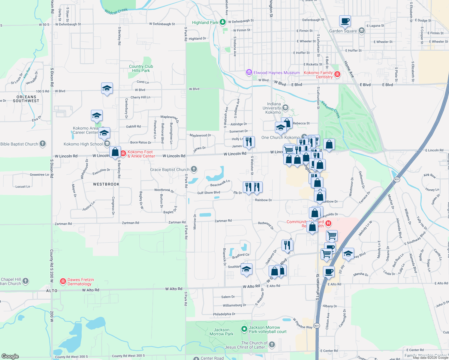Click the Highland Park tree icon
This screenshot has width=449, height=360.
(x=222, y=22)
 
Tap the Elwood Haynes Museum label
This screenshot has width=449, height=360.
(x=276, y=73)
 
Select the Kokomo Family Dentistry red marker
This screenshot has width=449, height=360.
(x=337, y=74)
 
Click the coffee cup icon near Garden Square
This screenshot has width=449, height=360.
(x=345, y=21)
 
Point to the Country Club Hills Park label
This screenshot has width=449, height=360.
(x=141, y=68)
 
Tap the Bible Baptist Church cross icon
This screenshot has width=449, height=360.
(x=43, y=144)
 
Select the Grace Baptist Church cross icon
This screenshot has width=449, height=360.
(x=194, y=169)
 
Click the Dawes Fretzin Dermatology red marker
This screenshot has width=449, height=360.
(x=63, y=281)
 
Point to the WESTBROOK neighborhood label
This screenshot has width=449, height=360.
(x=106, y=184)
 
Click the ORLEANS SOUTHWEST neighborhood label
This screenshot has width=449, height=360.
(x=26, y=99)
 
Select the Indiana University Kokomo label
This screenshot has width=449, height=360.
(x=273, y=108)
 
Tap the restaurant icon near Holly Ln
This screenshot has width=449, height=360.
(x=249, y=141)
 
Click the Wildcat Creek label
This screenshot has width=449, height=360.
(x=116, y=11)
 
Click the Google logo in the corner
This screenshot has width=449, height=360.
(x=10, y=356)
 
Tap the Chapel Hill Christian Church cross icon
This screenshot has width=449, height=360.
(x=26, y=281)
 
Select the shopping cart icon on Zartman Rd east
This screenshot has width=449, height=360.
(x=332, y=235)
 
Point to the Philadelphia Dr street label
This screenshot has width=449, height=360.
(x=224, y=314)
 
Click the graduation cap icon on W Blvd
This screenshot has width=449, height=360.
(x=107, y=88)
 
